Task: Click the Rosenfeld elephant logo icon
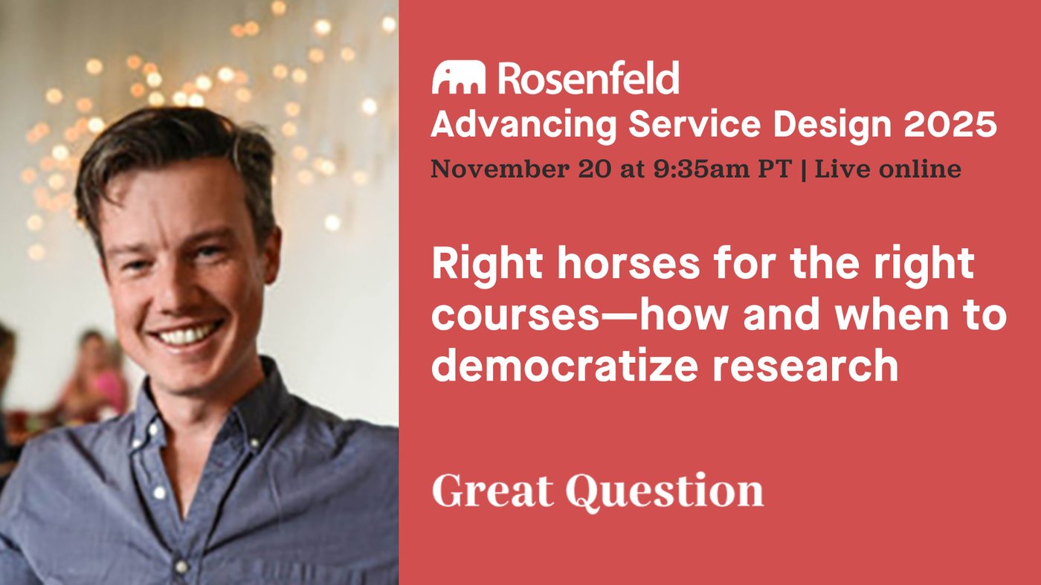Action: click(x=458, y=77)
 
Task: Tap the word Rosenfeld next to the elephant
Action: click(x=588, y=78)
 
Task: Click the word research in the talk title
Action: click(x=805, y=366)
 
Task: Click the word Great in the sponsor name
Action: click(x=493, y=491)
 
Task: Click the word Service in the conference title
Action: click(x=694, y=125)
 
